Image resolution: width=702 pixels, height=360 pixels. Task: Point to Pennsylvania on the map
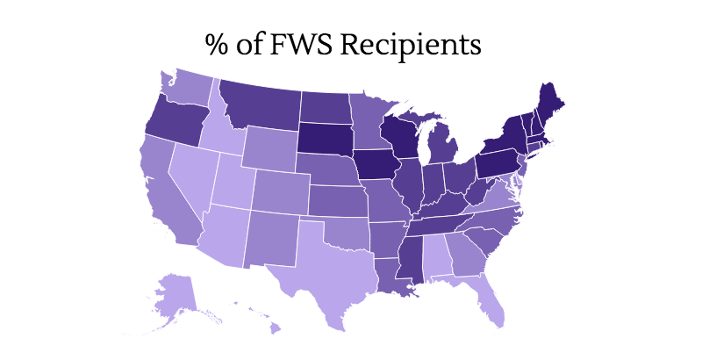(x=500, y=162)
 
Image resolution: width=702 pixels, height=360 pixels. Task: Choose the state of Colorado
(x=281, y=188)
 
